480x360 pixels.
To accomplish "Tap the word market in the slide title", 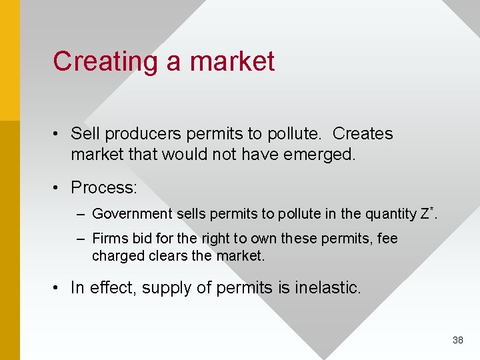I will tap(232, 61).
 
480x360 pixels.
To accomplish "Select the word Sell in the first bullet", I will tap(85, 133).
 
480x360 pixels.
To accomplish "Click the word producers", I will tap(143, 134).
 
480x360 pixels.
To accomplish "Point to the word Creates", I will tap(363, 133).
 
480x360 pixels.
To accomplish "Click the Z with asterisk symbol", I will tap(427, 213).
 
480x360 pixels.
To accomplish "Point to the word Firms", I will tap(107, 239).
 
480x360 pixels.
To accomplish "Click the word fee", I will tap(387, 239).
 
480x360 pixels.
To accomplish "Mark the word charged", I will tap(115, 256).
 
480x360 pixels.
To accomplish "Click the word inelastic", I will tap(327, 287).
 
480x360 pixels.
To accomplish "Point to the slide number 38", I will tap(458, 340).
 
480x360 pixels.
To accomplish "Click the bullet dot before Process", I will tap(59, 188).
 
